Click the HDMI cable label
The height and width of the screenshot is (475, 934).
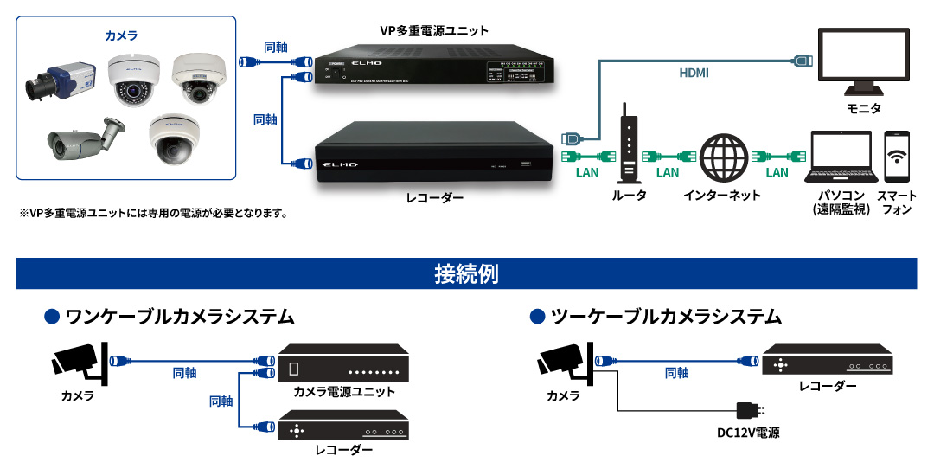[694, 74]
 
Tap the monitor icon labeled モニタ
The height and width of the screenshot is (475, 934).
[863, 61]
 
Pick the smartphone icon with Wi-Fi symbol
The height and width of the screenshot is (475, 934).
[897, 157]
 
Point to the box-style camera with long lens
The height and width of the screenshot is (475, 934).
[61, 81]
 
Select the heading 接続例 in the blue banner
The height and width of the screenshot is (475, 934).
[466, 274]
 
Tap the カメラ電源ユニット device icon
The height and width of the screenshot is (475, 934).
[344, 368]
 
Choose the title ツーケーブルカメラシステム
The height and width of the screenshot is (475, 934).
[665, 317]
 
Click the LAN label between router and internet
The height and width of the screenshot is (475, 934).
[668, 172]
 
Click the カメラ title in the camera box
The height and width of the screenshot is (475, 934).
[120, 35]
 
